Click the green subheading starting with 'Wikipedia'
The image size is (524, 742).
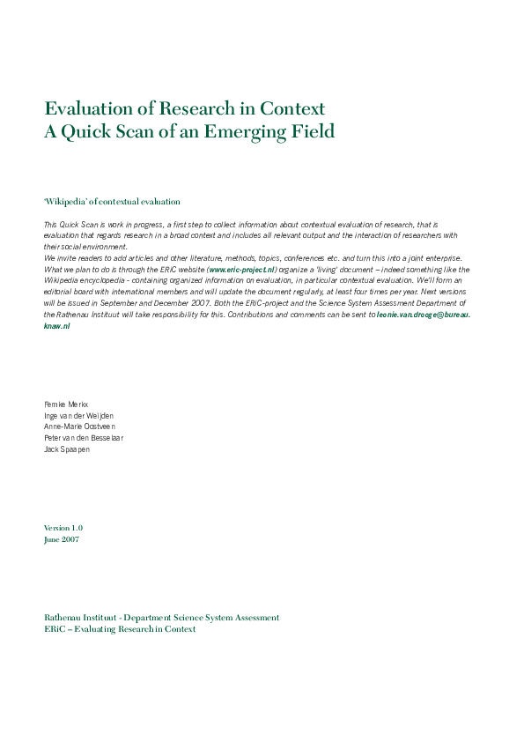pos(112,202)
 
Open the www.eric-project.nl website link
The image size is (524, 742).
pos(242,269)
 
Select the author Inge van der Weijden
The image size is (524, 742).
pos(78,415)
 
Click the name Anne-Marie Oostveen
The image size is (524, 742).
pos(80,427)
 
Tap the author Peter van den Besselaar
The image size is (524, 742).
pos(86,437)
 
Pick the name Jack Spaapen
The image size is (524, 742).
pos(68,449)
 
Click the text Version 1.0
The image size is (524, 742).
pos(63,527)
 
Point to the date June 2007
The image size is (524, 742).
pos(61,538)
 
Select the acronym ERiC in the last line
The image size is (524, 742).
pos(55,629)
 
